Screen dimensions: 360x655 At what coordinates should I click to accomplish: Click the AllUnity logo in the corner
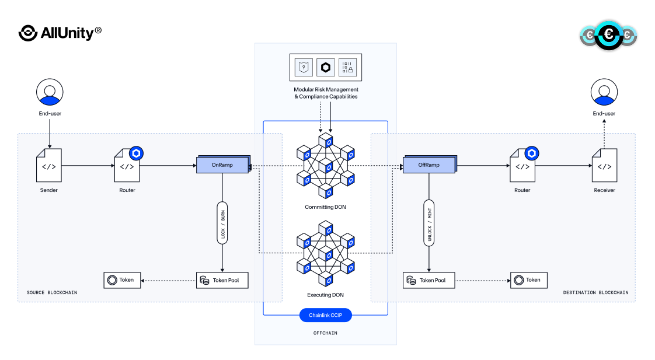pyautogui.click(x=60, y=33)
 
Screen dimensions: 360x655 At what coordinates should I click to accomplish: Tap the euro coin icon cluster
pyautogui.click(x=609, y=35)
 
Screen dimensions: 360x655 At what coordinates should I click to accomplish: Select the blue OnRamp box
pyautogui.click(x=222, y=165)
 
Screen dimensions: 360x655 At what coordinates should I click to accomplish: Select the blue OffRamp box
pyautogui.click(x=428, y=165)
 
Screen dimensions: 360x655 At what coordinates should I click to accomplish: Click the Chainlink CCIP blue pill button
pyautogui.click(x=326, y=316)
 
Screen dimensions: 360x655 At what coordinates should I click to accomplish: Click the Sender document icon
pyautogui.click(x=49, y=166)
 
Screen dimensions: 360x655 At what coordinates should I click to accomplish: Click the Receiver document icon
pyautogui.click(x=604, y=166)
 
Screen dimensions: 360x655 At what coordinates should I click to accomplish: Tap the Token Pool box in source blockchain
pyautogui.click(x=222, y=280)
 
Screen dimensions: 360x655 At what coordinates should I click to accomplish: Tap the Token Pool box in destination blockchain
pyautogui.click(x=429, y=280)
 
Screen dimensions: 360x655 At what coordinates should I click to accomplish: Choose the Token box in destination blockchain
pyautogui.click(x=529, y=280)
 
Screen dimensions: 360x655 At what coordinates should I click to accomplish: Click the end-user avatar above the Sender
pyautogui.click(x=50, y=92)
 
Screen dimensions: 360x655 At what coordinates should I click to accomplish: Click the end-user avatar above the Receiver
pyautogui.click(x=604, y=92)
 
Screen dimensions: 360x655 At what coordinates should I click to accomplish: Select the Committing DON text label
pyautogui.click(x=326, y=207)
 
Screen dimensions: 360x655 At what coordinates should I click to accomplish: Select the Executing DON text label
pyautogui.click(x=326, y=295)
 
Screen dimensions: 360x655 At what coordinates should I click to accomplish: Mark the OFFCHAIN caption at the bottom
pyautogui.click(x=326, y=333)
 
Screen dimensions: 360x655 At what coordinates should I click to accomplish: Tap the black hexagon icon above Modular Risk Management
pyautogui.click(x=326, y=68)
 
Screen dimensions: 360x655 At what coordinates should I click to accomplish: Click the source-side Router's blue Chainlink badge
pyautogui.click(x=136, y=153)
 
